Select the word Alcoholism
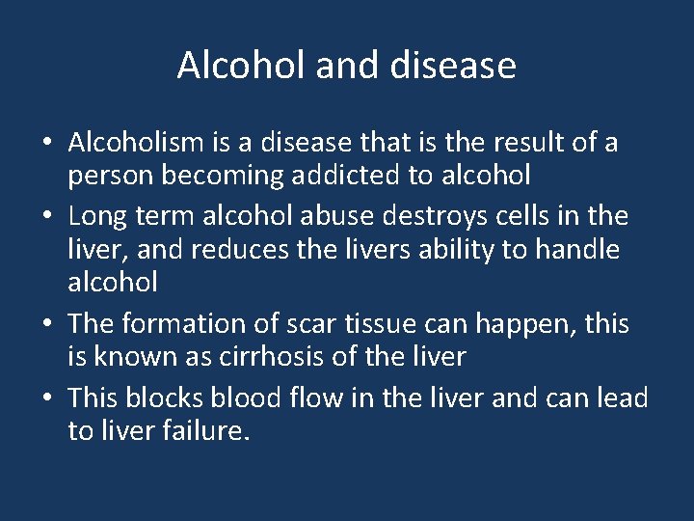pos(136,143)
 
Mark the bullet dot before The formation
pos(47,324)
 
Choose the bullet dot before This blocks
pos(47,398)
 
